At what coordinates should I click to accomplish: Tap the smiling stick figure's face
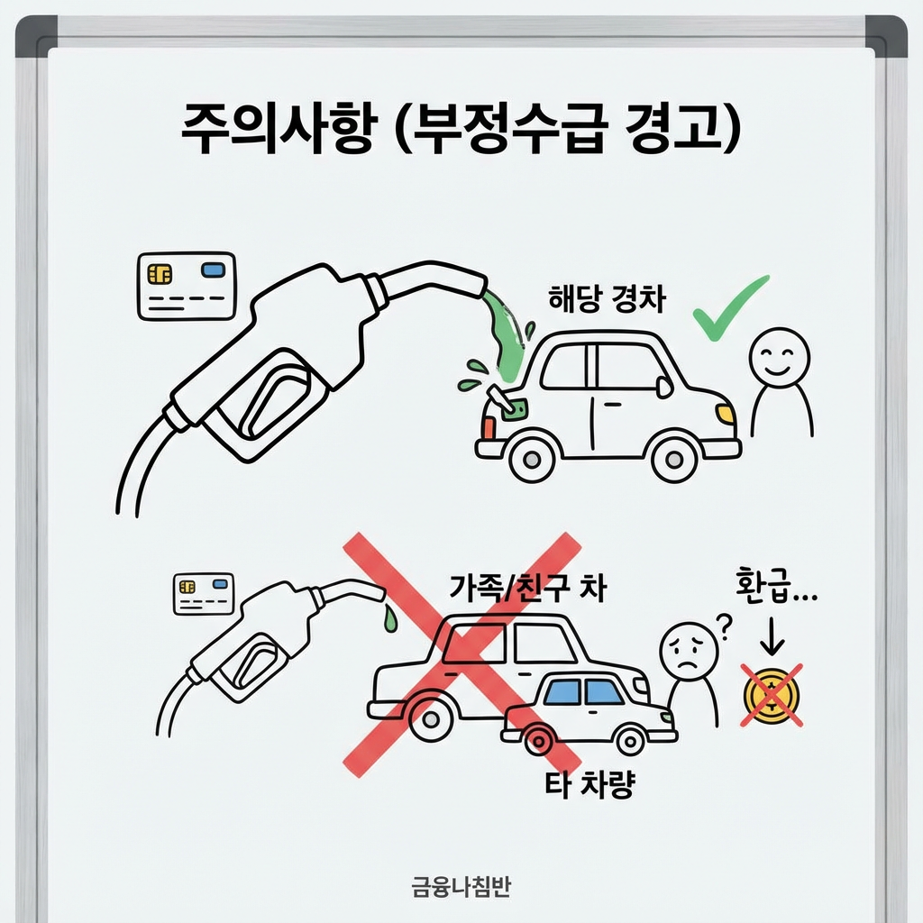point(781,355)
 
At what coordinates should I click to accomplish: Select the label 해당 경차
point(607,299)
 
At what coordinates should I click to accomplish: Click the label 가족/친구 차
point(528,588)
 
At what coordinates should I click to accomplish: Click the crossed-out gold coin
point(772,695)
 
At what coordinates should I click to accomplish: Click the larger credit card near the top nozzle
point(186,285)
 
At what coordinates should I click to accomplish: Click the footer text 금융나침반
point(461,887)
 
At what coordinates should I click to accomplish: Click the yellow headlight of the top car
point(725,414)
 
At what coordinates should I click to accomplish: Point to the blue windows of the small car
point(584,692)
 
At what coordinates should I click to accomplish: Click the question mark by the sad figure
point(720,621)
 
